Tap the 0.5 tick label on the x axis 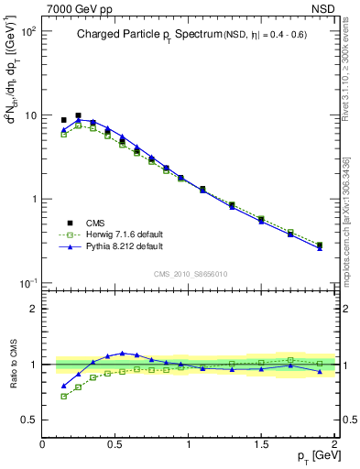point(115,443)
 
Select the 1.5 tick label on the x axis point(261,443)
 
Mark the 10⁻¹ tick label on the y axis point(27,283)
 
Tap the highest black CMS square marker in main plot point(78,116)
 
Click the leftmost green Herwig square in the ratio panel point(63,397)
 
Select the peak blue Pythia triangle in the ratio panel point(122,353)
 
